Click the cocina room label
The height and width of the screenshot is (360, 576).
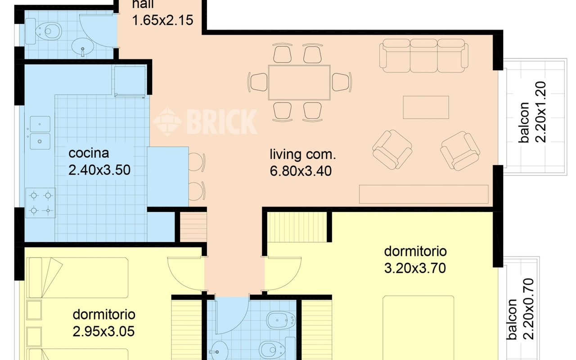tap(89, 153)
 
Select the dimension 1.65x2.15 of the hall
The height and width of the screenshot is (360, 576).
tap(162, 20)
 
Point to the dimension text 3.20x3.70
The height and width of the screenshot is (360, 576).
tap(415, 268)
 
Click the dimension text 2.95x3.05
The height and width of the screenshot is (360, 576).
tap(103, 332)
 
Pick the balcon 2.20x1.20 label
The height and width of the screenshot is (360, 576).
tap(532, 112)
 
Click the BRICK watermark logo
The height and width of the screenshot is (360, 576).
tap(205, 121)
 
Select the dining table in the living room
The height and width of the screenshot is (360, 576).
tap(299, 82)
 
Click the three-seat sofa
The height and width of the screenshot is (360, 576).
tap(424, 55)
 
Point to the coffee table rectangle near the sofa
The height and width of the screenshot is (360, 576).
tap(426, 107)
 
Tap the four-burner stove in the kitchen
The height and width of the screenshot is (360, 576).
tap(40, 203)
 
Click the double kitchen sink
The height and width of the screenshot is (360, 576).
tap(40, 133)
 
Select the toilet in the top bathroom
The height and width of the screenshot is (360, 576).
tap(48, 31)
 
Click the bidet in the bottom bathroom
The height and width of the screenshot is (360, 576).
tap(281, 320)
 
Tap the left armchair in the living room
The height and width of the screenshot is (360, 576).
tap(392, 150)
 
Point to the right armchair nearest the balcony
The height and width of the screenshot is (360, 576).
tap(460, 151)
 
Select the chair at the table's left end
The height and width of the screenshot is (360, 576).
tap(258, 82)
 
